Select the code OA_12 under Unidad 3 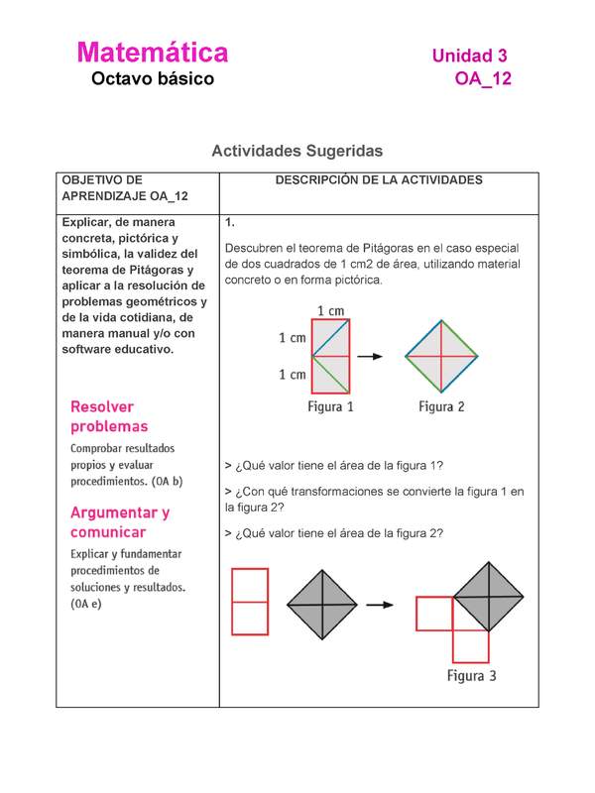point(483,79)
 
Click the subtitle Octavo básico point(152,78)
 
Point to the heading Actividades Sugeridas point(297,152)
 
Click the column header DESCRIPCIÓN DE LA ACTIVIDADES point(379,180)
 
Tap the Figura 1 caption point(330,406)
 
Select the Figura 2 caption point(441,406)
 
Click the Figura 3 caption point(471,676)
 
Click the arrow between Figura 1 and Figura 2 point(371,355)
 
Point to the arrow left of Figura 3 point(376,605)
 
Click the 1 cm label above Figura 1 point(331,310)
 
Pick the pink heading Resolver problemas point(109,416)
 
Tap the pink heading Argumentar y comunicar point(120,522)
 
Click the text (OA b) point(164,482)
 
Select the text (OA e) point(86,604)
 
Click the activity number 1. point(230,223)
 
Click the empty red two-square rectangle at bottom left point(249,601)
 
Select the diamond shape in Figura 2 point(441,355)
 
